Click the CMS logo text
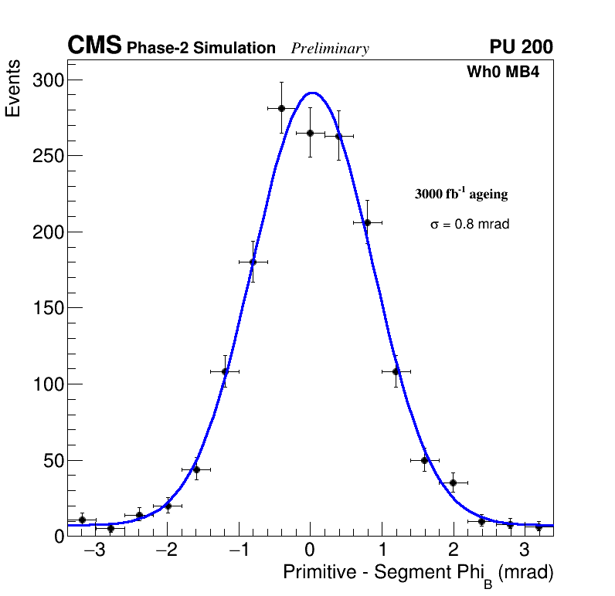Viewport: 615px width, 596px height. pos(94,46)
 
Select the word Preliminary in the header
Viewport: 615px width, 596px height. pos(330,49)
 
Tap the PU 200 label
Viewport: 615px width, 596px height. pos(521,47)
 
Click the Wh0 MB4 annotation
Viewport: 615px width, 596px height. pos(502,73)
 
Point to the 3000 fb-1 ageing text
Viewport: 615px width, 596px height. pos(461,195)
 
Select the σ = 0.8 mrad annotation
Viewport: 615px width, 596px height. pos(470,225)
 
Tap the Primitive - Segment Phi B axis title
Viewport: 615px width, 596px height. pos(418,574)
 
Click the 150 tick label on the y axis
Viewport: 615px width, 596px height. pos(47,308)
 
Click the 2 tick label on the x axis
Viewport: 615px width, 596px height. pos(453,551)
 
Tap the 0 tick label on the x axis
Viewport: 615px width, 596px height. pos(310,551)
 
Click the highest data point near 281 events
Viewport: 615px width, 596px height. pos(281,108)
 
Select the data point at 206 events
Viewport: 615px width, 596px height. pos(367,222)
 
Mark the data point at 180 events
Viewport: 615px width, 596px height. pos(253,262)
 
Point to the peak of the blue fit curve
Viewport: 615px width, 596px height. pos(311,93)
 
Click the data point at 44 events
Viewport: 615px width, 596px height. pos(196,469)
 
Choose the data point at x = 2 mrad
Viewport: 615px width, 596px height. pos(453,483)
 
